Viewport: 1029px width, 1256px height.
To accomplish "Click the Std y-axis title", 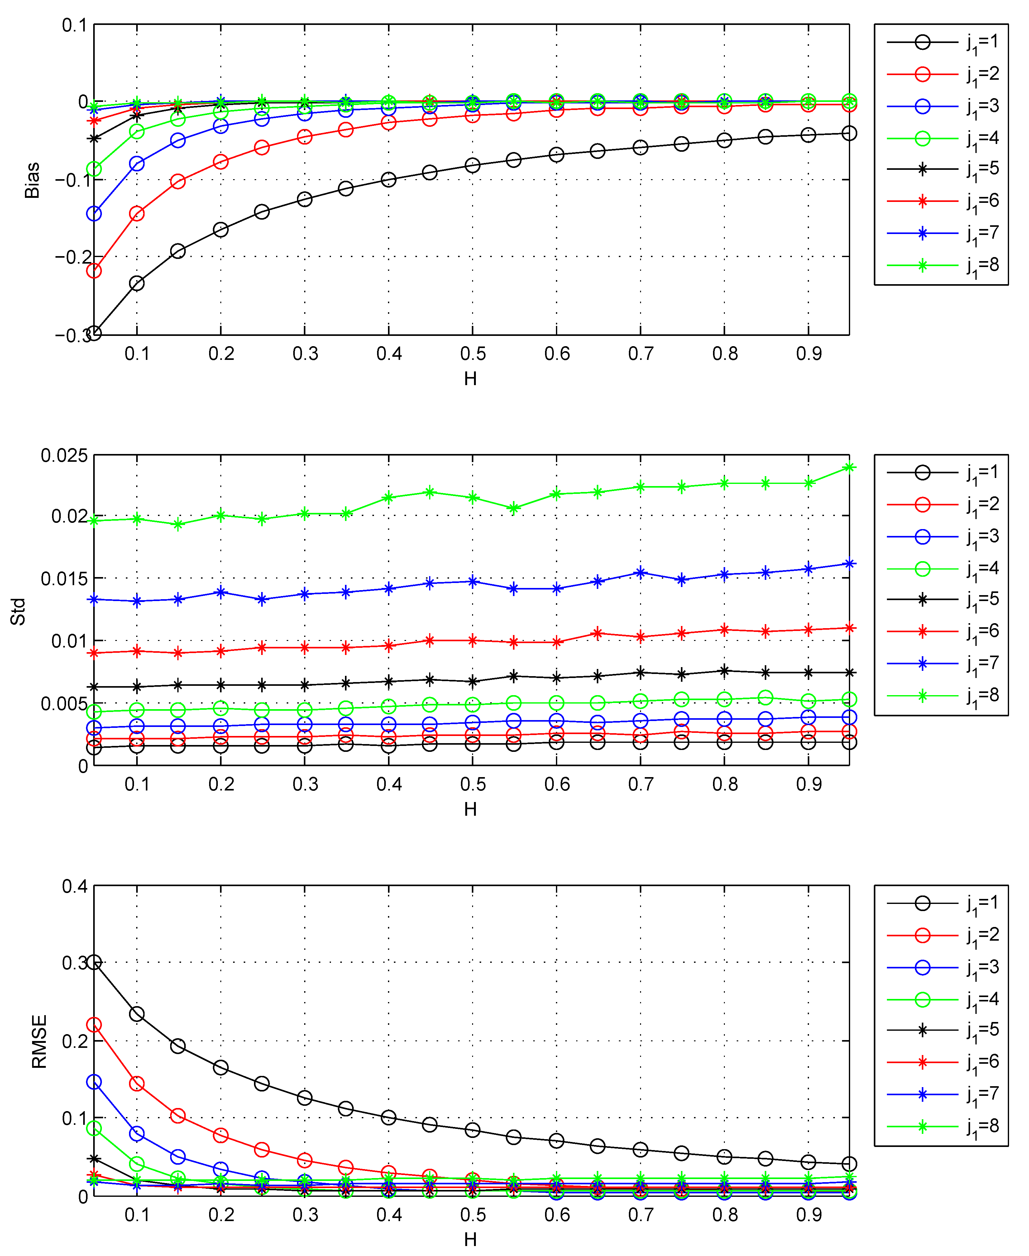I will [18, 611].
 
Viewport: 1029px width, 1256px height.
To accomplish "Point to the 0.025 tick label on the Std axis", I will [64, 455].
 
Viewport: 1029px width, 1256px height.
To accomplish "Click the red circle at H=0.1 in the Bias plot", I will [137, 213].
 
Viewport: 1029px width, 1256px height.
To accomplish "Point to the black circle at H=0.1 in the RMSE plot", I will [137, 1014].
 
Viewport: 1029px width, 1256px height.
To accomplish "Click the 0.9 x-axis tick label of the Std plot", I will [808, 784].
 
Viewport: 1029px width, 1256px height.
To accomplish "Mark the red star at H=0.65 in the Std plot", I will [597, 633].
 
